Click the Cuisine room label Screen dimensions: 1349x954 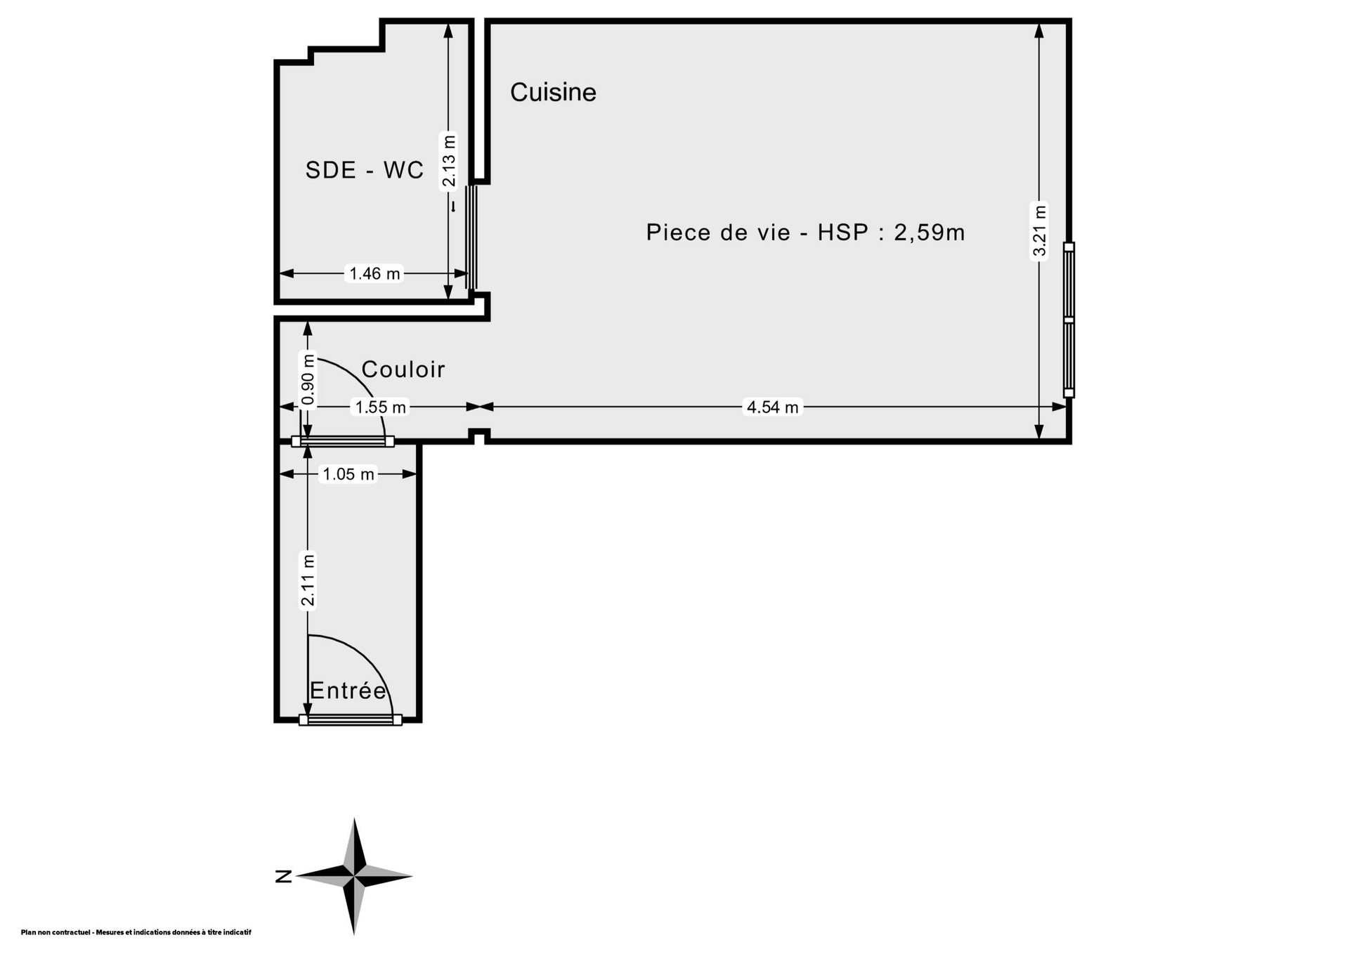553,92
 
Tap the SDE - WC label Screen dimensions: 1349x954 365,170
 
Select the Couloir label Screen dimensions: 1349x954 403,370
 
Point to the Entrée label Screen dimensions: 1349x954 348,691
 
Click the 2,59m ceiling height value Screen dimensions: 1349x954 930,233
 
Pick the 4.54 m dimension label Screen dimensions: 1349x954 773,407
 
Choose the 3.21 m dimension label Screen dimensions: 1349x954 1039,231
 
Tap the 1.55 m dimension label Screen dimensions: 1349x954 381,407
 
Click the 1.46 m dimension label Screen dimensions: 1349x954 375,273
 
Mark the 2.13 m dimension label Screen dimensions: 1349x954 449,161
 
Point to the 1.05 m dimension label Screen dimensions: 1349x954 348,474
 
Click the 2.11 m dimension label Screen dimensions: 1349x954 308,580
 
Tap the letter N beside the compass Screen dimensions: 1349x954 284,876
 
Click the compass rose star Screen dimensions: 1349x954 354,876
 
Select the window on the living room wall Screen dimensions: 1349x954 1069,320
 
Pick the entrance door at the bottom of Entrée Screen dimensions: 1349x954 351,719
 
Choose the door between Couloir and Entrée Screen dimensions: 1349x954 343,441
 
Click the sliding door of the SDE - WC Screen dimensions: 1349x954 471,237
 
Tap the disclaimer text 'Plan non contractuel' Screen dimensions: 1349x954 56,932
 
